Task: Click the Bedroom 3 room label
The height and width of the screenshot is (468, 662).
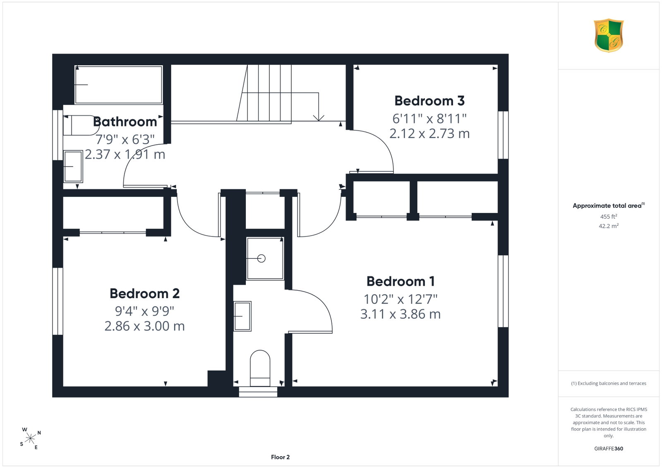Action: click(429, 101)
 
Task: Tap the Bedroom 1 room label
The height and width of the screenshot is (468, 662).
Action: click(401, 281)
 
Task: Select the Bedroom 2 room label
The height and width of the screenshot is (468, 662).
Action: click(144, 294)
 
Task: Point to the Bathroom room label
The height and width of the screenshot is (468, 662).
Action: click(125, 122)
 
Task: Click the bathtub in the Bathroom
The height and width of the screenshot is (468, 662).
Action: click(118, 85)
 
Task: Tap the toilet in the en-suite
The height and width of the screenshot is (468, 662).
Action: click(260, 368)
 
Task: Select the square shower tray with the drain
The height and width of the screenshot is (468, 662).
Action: click(265, 258)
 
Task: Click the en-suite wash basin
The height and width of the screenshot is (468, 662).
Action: click(242, 316)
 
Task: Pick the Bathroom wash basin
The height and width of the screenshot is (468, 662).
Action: click(73, 167)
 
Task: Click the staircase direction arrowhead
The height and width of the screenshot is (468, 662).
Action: click(319, 118)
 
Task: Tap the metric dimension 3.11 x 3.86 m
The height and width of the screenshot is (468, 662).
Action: click(401, 314)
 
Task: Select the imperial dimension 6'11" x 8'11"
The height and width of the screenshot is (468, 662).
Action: click(429, 119)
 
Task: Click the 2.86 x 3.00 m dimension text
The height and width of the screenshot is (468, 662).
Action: click(144, 326)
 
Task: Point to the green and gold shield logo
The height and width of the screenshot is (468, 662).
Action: click(609, 36)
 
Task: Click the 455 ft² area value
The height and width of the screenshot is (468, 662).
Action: click(609, 217)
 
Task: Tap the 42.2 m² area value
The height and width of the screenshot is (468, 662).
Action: click(609, 226)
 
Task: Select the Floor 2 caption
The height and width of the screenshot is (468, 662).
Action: click(280, 457)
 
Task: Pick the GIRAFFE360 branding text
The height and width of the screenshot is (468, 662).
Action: click(609, 449)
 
